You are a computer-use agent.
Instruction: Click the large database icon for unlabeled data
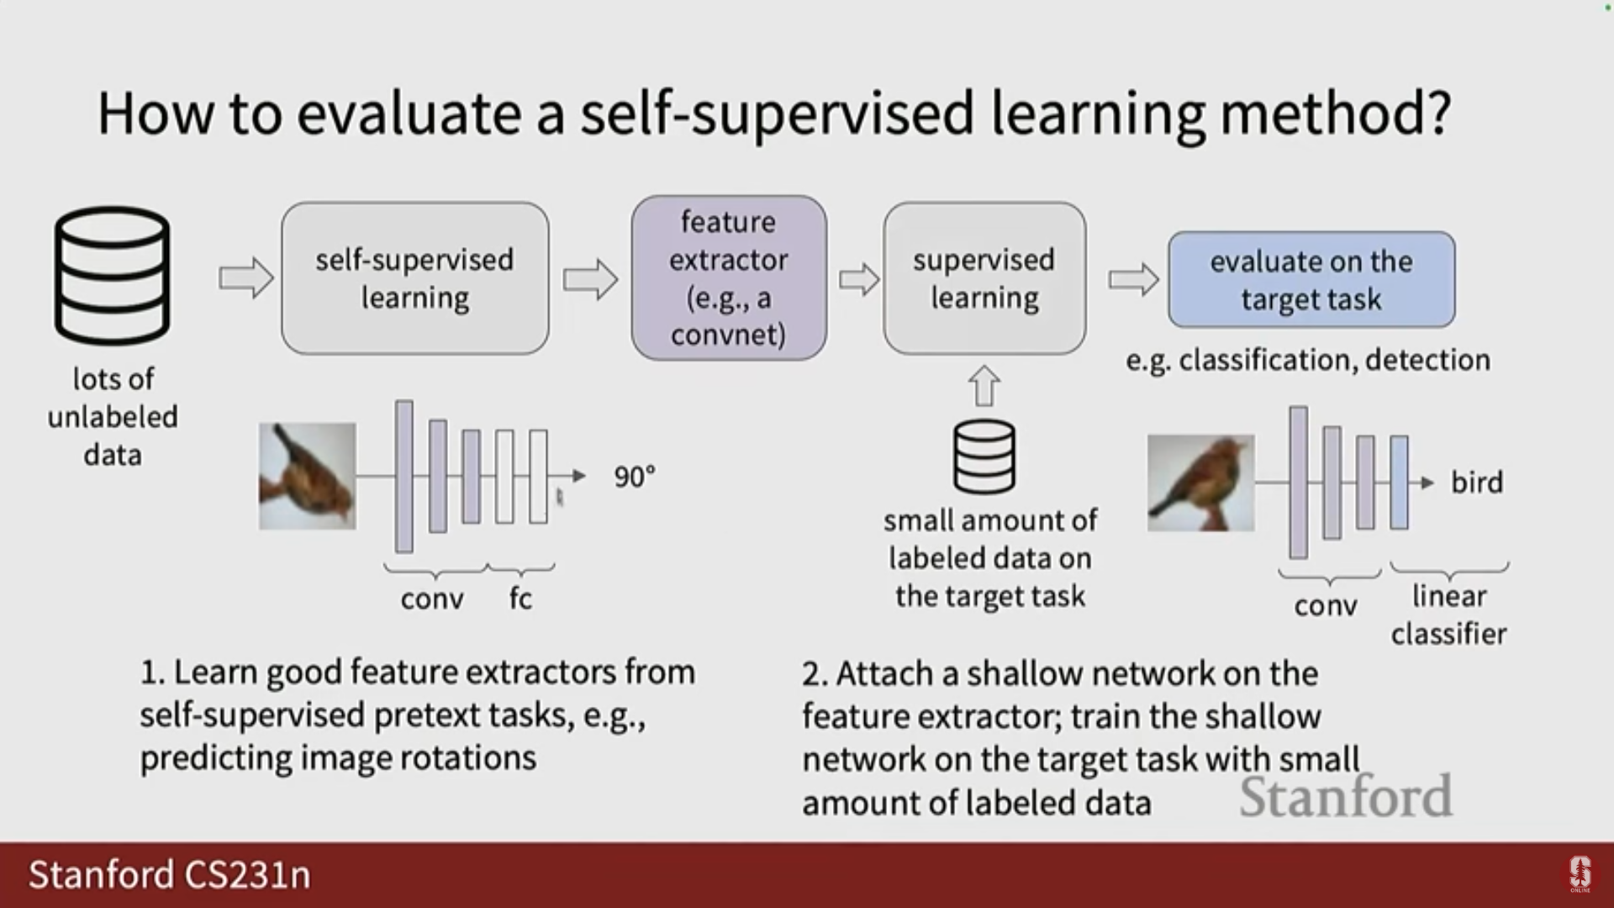point(113,276)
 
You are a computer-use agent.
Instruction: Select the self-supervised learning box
point(415,278)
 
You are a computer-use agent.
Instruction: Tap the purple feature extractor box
point(729,278)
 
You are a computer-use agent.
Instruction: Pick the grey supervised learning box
point(984,278)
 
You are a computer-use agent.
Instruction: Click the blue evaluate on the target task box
point(1311,280)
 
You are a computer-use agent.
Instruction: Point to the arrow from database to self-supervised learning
point(246,277)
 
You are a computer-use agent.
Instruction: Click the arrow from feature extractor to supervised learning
point(859,278)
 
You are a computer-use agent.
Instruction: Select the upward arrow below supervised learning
point(984,386)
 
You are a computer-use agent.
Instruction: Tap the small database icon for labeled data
point(984,457)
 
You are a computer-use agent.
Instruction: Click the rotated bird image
point(308,476)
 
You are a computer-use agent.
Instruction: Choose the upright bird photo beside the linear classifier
point(1200,483)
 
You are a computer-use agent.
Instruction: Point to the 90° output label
point(635,477)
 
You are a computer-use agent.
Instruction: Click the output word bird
point(1477,483)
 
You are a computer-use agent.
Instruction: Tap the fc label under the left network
point(520,599)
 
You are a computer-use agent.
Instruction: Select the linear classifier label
point(1449,615)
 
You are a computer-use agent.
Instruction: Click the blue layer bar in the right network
point(1399,483)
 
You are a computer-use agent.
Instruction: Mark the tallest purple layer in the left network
point(404,477)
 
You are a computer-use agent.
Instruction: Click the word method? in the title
point(1336,113)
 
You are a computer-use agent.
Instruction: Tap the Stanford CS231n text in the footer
point(170,874)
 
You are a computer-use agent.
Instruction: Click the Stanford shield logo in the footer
point(1580,874)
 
